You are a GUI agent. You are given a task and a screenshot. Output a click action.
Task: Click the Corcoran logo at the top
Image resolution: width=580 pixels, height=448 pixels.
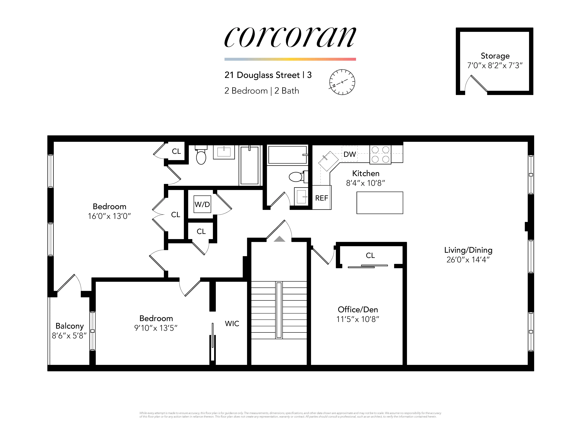(x=290, y=37)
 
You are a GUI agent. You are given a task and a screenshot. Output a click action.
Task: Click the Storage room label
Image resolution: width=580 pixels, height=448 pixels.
(x=495, y=56)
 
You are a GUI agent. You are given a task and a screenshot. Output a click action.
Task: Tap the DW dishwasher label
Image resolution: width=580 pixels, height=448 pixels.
(x=349, y=154)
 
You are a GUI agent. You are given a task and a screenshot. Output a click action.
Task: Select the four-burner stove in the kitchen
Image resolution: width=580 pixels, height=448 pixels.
(x=380, y=154)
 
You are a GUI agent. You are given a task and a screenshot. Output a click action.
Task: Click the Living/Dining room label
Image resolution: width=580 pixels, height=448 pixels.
(x=468, y=250)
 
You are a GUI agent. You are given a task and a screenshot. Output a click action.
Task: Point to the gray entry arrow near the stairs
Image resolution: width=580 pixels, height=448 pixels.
(x=279, y=239)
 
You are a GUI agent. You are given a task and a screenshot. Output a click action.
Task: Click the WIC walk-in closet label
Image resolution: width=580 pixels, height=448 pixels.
(x=232, y=324)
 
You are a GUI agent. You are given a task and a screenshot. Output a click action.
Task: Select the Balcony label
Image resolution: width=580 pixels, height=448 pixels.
(x=70, y=326)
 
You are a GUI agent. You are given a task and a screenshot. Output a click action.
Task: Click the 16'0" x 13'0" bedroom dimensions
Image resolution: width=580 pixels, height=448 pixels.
(x=109, y=216)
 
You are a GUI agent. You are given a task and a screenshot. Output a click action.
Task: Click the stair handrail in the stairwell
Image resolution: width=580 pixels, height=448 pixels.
(x=279, y=310)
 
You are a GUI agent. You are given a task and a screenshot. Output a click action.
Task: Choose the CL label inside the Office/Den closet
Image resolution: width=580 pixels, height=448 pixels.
(x=370, y=255)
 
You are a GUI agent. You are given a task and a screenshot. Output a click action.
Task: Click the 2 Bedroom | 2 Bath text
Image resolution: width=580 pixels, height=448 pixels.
(x=262, y=91)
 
